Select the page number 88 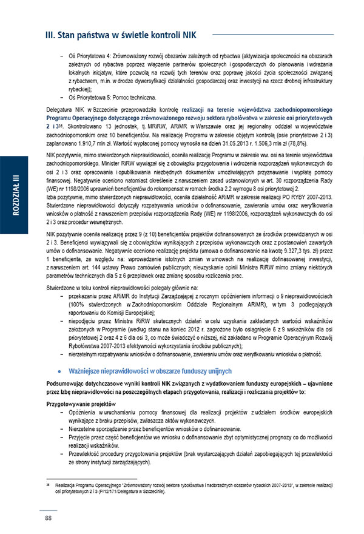click(49, 517)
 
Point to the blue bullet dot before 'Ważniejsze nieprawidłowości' click(59, 370)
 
